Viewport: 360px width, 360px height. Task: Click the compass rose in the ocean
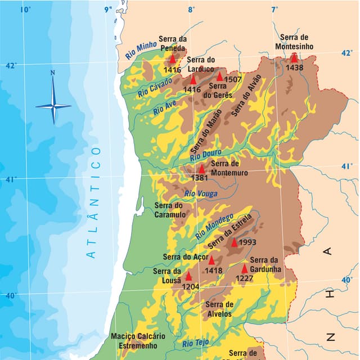coord(53,105)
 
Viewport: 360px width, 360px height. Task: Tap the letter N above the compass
coord(53,72)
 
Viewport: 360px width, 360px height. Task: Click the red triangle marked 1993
coord(235,242)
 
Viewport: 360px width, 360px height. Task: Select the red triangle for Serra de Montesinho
coord(294,58)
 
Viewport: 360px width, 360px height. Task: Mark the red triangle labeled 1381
coord(202,169)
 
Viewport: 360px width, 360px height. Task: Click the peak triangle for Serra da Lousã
coord(188,276)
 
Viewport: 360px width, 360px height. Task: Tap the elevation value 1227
coord(244,278)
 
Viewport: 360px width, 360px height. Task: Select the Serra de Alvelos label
coord(219,309)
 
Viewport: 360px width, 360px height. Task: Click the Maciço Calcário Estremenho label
coord(138,340)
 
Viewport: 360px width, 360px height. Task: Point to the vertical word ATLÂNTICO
coord(93,202)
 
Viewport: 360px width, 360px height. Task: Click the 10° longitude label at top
coord(25,10)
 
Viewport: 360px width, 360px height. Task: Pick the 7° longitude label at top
coord(274,10)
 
